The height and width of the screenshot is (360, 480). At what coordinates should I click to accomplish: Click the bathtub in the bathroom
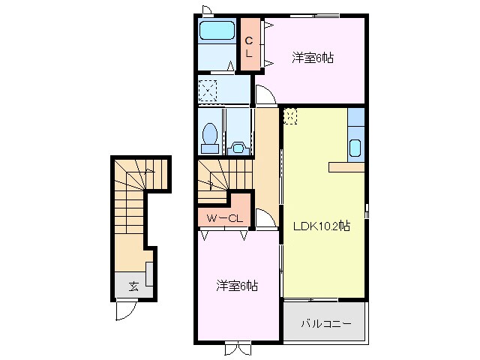point(217,31)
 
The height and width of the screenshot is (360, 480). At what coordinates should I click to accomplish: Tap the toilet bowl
point(211,136)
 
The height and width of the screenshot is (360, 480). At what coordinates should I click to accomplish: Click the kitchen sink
point(355,148)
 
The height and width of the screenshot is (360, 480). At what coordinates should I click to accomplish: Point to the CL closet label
point(250,46)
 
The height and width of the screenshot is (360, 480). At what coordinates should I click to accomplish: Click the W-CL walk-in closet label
point(224,218)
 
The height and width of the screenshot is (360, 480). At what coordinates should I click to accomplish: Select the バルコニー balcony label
point(324,324)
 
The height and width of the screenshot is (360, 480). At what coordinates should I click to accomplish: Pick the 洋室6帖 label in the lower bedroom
point(237,285)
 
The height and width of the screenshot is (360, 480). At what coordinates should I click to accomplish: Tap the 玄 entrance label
point(133,286)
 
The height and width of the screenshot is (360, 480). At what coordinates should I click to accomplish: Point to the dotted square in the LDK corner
point(291,116)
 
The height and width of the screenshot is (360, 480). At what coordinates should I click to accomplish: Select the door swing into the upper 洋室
point(265,94)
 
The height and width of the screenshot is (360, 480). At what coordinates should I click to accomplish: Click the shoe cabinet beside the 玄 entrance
point(150,274)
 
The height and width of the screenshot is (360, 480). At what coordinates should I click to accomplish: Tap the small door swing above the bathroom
point(207,10)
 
